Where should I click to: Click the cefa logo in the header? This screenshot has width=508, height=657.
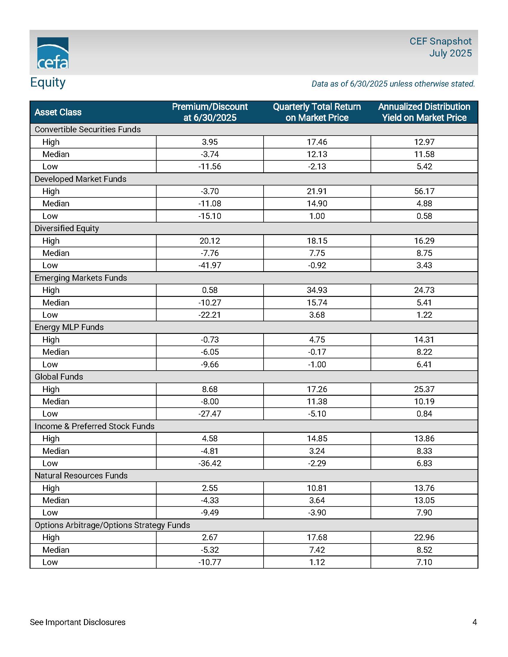tap(53, 53)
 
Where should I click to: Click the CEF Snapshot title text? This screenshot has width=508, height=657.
tap(440, 41)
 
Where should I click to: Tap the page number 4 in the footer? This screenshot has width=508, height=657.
tap(475, 622)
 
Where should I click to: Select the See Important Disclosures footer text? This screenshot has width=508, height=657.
tap(78, 622)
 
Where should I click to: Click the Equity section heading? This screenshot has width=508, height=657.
tap(48, 82)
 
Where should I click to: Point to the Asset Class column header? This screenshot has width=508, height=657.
tap(58, 112)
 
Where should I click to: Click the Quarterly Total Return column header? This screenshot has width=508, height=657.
tap(317, 112)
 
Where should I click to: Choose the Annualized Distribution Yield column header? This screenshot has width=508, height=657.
tap(424, 112)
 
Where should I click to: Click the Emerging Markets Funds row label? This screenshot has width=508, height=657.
tap(81, 278)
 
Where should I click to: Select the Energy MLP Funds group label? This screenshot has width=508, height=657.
tap(69, 327)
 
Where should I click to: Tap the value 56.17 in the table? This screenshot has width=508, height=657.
tap(424, 191)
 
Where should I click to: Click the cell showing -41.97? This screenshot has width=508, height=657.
tap(210, 265)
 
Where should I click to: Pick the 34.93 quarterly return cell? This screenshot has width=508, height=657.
tap(317, 290)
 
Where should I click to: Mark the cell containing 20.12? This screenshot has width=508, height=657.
tap(210, 241)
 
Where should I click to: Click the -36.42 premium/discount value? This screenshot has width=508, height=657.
tap(210, 463)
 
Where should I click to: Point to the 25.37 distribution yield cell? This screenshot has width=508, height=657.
tap(424, 389)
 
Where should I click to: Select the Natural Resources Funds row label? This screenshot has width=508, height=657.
tap(81, 475)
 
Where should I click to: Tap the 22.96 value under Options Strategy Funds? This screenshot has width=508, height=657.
tap(424, 537)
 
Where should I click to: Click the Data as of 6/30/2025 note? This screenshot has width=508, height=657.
tap(393, 84)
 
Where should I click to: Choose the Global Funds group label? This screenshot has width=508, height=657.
tap(59, 377)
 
